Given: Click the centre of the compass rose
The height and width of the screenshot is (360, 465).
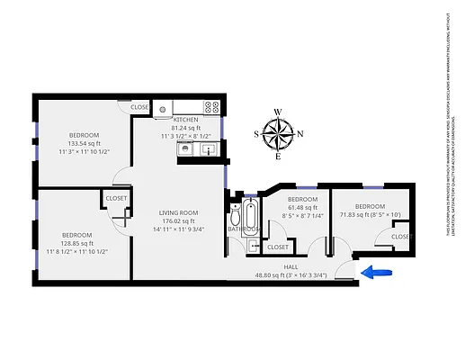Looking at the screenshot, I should point(279,134).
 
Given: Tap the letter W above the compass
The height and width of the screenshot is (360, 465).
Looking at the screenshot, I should point(279,112).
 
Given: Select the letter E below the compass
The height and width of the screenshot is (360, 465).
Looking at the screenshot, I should point(279,157).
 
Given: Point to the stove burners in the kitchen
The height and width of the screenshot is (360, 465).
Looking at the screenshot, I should point(211,107).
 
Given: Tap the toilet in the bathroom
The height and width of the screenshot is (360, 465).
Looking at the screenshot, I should point(235,216).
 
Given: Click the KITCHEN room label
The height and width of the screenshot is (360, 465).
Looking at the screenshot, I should point(185,120).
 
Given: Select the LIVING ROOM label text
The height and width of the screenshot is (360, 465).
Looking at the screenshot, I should point(165,212).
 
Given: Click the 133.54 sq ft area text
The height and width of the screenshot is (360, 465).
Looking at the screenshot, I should point(85,143).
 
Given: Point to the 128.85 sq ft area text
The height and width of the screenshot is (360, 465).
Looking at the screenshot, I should point(76,243).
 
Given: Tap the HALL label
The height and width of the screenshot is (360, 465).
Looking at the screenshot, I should point(291,267).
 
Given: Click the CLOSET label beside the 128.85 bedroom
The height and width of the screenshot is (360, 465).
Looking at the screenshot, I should point(116,198).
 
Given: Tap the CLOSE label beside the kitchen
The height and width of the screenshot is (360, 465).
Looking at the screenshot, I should point(139,107).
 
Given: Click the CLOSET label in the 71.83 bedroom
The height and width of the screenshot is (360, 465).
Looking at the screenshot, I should point(401,236).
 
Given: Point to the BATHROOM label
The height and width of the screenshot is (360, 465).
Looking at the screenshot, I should point(243,229).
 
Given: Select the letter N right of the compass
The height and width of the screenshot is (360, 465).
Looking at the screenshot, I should point(300,134).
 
